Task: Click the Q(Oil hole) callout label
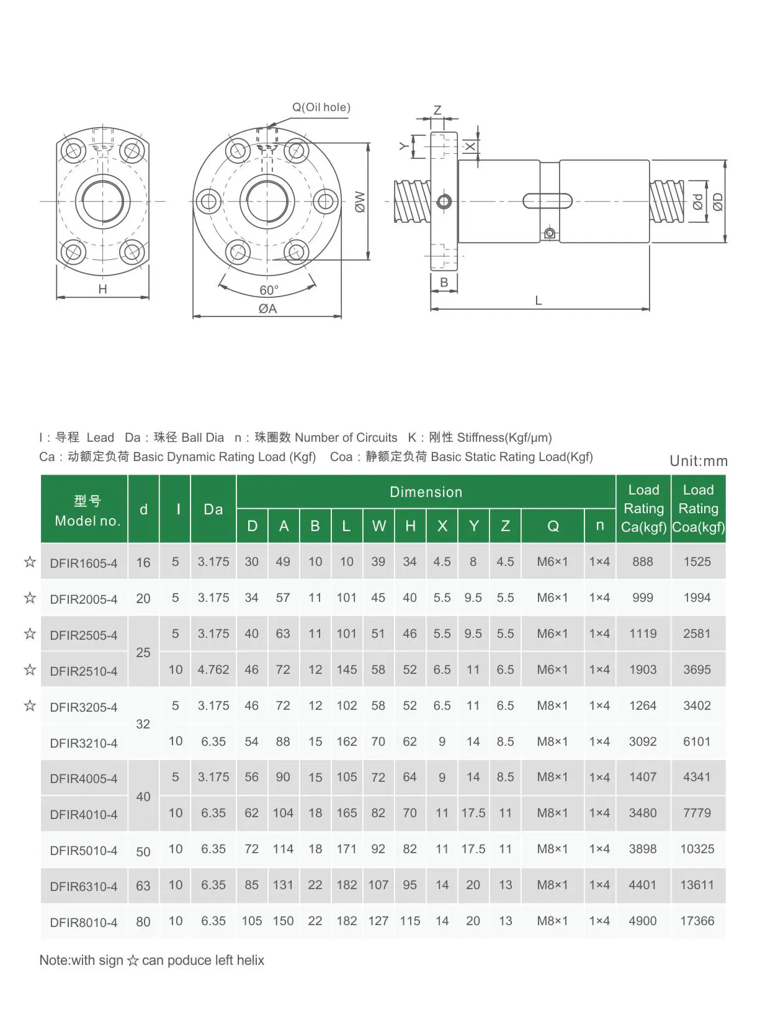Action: [x=321, y=107]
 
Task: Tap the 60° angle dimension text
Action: [x=269, y=290]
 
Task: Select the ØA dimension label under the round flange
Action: [x=267, y=309]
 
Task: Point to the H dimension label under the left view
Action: [x=102, y=289]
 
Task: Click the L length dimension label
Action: [x=538, y=301]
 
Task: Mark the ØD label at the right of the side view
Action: [x=718, y=202]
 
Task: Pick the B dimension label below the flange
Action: [x=444, y=282]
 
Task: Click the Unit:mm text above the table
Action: [x=698, y=461]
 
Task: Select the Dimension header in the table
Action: [x=426, y=492]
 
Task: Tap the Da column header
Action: [x=213, y=509]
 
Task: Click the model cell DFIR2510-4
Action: [x=84, y=671]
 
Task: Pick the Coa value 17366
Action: [x=697, y=921]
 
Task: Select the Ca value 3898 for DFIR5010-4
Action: [x=642, y=849]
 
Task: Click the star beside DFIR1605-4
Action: [x=30, y=562]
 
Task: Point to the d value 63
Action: [x=143, y=885]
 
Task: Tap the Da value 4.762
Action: [x=213, y=669]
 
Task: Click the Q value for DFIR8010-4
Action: [x=552, y=921]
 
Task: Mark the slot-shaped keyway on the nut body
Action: [x=547, y=202]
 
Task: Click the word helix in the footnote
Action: [x=250, y=961]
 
